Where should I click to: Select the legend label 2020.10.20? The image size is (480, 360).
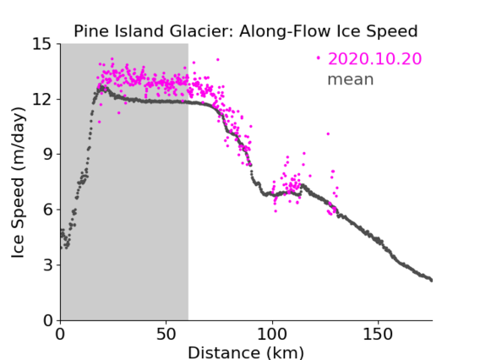click(x=374, y=58)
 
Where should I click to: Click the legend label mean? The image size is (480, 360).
click(x=351, y=79)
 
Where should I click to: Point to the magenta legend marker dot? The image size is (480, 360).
click(x=319, y=57)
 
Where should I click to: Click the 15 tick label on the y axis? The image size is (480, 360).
click(x=42, y=44)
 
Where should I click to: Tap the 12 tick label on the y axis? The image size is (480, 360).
click(x=42, y=99)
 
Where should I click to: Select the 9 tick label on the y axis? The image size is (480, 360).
click(x=47, y=154)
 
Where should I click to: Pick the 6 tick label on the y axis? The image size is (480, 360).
click(x=47, y=210)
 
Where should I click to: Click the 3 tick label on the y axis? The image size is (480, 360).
click(x=47, y=265)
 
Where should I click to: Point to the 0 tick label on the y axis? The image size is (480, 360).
click(x=47, y=320)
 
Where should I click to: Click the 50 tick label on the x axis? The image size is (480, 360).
click(x=166, y=335)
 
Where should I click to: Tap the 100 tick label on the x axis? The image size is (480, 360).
click(x=272, y=335)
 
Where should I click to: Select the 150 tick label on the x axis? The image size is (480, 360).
click(x=378, y=335)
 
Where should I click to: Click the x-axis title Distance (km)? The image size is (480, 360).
click(x=246, y=352)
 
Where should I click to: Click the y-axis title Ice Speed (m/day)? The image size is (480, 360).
click(x=18, y=183)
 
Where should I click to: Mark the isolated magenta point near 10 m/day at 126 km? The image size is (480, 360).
click(x=328, y=134)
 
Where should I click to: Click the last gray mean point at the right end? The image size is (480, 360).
click(x=431, y=281)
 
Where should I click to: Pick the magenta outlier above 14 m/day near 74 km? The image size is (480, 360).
click(x=218, y=60)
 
